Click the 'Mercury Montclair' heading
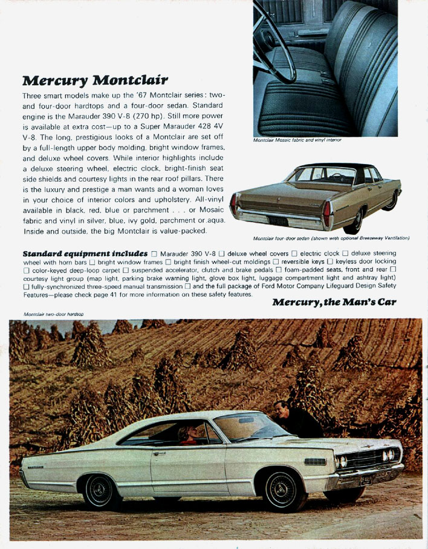point(95,81)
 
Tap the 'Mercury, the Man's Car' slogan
point(334,302)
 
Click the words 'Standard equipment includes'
point(85,252)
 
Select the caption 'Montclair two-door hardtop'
point(54,314)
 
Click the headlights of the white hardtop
point(389,454)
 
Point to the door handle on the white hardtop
point(159,453)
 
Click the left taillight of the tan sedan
point(233,206)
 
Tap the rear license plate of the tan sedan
point(279,221)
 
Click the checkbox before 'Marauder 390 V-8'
point(154,253)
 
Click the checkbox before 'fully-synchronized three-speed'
point(26,286)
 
